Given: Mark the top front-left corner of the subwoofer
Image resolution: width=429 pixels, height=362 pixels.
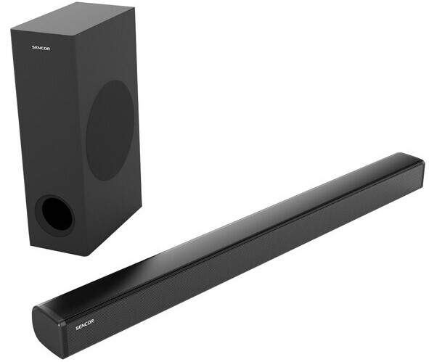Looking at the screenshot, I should [12, 28].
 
